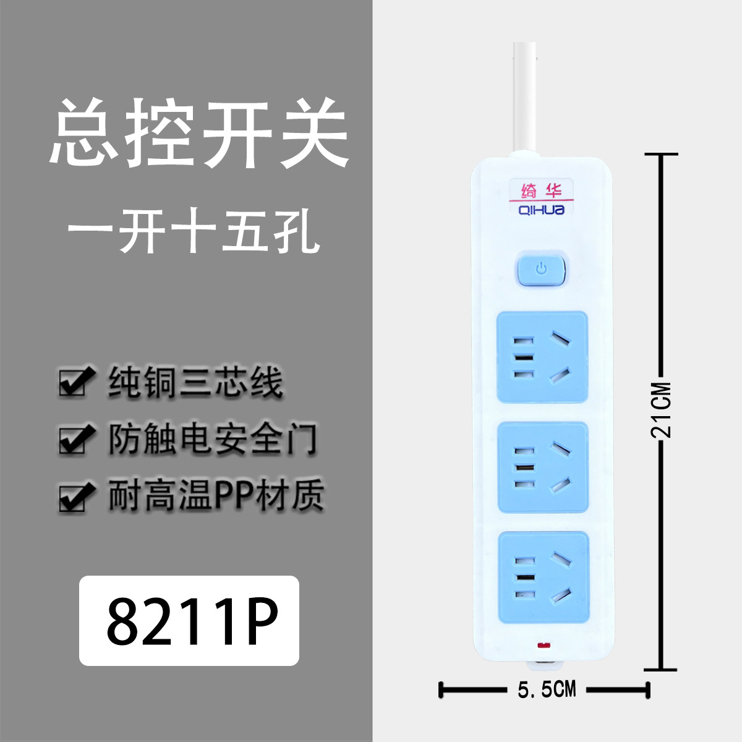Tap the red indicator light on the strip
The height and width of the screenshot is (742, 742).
tap(545, 647)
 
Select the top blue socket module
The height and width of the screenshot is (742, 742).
tap(542, 357)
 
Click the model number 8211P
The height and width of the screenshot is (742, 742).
tap(189, 620)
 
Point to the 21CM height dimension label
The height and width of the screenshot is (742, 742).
tap(660, 410)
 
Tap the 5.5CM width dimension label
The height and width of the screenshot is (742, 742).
tap(547, 689)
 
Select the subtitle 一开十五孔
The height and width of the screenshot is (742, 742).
tap(194, 233)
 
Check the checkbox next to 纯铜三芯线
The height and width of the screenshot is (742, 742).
tap(75, 383)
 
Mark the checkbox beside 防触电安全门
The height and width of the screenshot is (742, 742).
tap(75, 440)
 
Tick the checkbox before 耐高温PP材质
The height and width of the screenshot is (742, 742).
tap(75, 497)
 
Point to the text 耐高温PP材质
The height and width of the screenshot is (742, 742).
tap(216, 496)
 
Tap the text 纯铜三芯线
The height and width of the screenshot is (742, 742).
tap(195, 382)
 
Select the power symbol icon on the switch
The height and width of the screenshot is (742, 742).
tap(542, 269)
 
